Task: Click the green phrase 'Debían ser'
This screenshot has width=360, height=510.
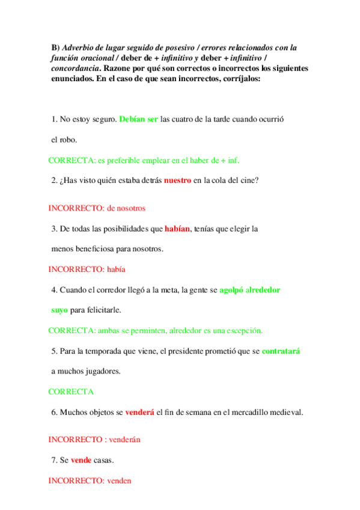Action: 138,119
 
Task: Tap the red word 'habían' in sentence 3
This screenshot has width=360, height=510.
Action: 178,229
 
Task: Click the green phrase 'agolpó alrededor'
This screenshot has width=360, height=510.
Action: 249,289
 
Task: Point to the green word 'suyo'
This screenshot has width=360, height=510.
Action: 59,310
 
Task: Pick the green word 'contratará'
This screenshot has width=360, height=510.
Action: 281,351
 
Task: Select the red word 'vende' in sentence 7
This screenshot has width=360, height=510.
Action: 81,460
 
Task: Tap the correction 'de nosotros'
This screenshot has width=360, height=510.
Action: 126,208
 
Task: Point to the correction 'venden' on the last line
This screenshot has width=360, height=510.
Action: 119,481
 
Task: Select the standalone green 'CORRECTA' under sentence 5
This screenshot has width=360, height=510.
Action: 71,392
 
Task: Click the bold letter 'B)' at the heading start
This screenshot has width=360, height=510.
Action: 55,47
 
